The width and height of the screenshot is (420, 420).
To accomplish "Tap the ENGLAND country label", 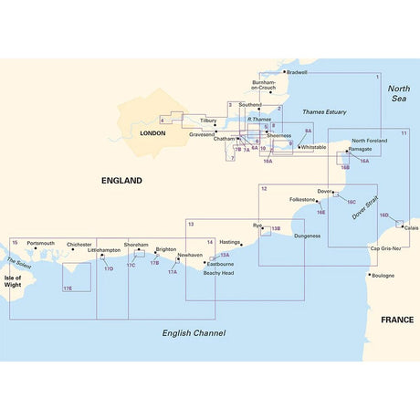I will pyautogui.click(x=122, y=181).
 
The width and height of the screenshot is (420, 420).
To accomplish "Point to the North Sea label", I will pyautogui.click(x=399, y=93).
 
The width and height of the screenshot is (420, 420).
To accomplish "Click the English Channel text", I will pyautogui.click(x=194, y=333).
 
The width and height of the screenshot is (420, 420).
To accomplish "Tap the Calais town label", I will pyautogui.click(x=412, y=228).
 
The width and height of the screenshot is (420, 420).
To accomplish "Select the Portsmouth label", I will pyautogui.click(x=41, y=243).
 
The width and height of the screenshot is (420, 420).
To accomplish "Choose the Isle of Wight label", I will pyautogui.click(x=13, y=281).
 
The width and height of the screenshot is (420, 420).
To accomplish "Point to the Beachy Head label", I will pyautogui.click(x=218, y=273).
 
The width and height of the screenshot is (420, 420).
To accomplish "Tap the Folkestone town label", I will pyautogui.click(x=301, y=198).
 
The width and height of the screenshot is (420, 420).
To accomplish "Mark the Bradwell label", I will pyautogui.click(x=297, y=72).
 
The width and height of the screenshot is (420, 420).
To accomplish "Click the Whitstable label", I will pyautogui.click(x=312, y=147).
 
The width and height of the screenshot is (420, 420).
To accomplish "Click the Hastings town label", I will pyautogui.click(x=229, y=243).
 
